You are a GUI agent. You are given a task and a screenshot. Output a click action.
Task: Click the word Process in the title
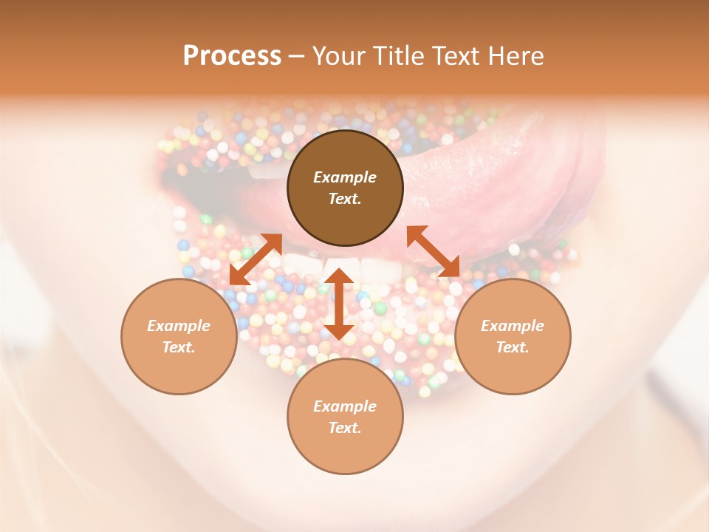pyautogui.click(x=232, y=56)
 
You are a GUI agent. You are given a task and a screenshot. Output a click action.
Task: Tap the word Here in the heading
pyautogui.click(x=514, y=56)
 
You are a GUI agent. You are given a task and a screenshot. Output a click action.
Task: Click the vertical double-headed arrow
pyautogui.click(x=339, y=304)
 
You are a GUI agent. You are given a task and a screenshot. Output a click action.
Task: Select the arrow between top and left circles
pyautogui.click(x=256, y=259)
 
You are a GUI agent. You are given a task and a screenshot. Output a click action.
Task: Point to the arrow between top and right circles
pyautogui.click(x=434, y=251)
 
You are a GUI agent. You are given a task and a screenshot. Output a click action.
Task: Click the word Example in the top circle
pyautogui.click(x=345, y=177)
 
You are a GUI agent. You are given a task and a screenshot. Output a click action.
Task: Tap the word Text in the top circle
pyautogui.click(x=345, y=199)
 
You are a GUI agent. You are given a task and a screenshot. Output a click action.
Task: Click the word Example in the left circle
pyautogui.click(x=179, y=326)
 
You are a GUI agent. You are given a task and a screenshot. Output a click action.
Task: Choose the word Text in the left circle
pyautogui.click(x=179, y=347)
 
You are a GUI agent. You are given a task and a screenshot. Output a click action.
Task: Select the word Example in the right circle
pyautogui.click(x=513, y=326)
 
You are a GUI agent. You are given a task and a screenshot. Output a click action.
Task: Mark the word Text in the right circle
pyautogui.click(x=513, y=347)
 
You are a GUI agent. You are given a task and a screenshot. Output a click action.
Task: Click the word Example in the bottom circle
pyautogui.click(x=345, y=406)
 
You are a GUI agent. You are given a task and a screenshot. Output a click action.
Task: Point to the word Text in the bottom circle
pyautogui.click(x=345, y=428)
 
